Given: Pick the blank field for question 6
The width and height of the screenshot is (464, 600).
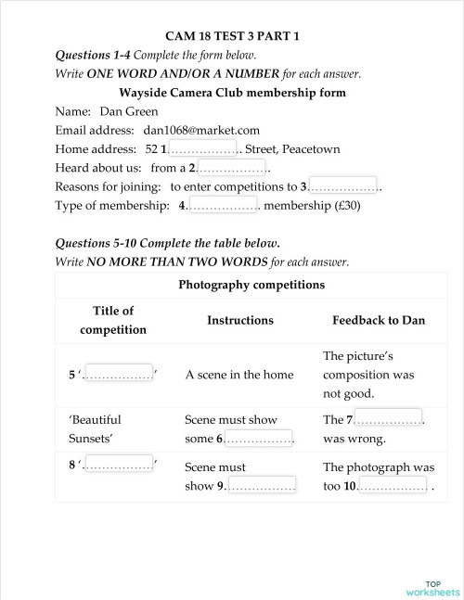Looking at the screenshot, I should [259, 438].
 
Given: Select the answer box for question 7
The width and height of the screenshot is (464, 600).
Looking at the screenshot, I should [388, 419].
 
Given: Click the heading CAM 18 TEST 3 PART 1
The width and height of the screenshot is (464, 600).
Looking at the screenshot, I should [232, 37].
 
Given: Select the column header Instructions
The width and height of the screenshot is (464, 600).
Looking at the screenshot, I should [239, 320].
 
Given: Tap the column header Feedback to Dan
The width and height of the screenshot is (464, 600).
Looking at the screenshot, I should [379, 320].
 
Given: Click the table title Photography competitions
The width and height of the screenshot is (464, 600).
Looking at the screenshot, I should [251, 285].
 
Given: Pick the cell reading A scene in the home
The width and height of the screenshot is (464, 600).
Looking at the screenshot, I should [238, 375].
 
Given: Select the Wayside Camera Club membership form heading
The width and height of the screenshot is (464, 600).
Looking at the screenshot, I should [232, 93].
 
